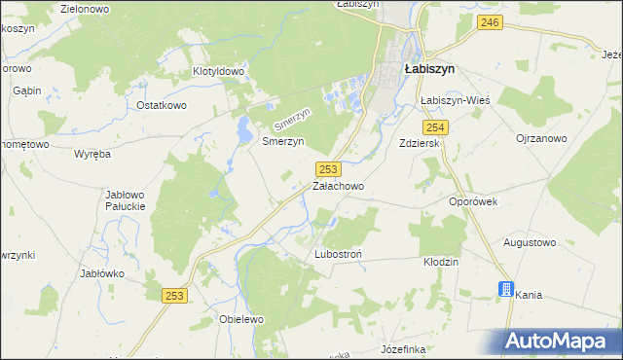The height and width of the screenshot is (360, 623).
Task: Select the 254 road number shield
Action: pos(435,127)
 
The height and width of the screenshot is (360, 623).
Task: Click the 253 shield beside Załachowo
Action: pos(328,168)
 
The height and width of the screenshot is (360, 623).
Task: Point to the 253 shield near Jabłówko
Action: pos(175,296)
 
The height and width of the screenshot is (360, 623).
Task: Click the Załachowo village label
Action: pos(338,185)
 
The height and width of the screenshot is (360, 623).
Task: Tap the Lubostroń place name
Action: pos(339,254)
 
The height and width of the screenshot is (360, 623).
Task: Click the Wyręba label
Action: pos(92,154)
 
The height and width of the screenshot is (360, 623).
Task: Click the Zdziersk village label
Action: pos(421,142)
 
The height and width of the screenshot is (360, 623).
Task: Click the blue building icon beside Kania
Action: pos(504,289)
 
